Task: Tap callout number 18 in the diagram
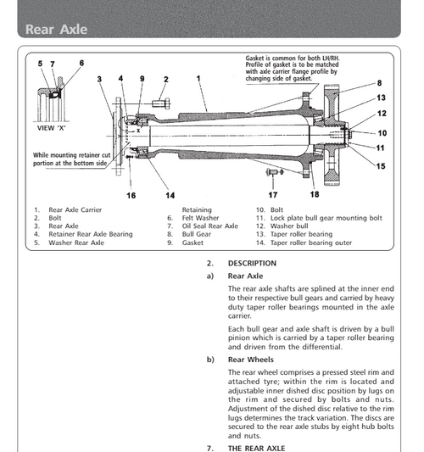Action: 315,181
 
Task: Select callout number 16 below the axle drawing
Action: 131,195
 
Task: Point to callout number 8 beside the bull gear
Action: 379,83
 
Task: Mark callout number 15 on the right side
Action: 381,165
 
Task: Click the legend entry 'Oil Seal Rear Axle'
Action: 210,226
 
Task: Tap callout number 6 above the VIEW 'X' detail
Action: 81,63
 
